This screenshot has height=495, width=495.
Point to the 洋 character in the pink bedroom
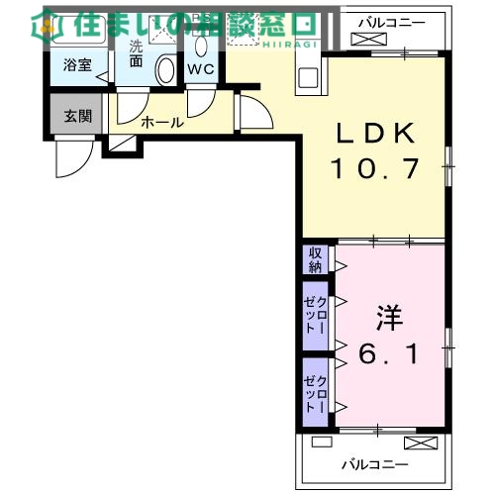388,318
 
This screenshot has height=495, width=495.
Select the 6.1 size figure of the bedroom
388,352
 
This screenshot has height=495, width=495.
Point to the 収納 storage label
315,260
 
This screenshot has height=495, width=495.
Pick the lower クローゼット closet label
315,389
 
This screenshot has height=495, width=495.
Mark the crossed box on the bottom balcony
419,443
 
